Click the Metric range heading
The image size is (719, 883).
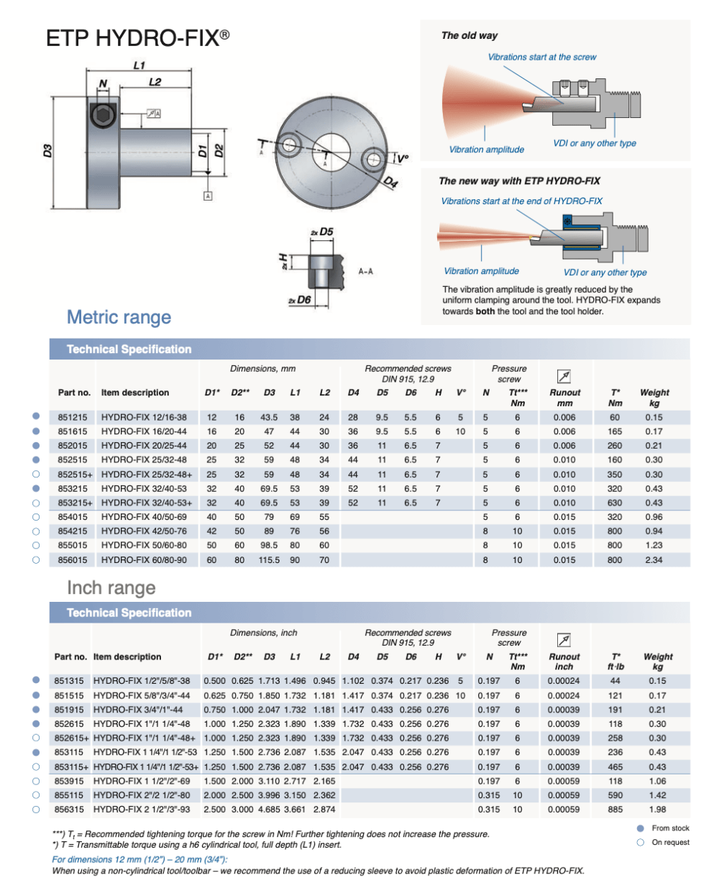[119, 317]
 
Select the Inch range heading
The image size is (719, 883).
[111, 587]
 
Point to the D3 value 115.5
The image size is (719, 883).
[269, 559]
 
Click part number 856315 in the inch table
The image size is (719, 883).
[70, 810]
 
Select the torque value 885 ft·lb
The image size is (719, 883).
[615, 810]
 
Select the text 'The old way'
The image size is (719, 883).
[469, 35]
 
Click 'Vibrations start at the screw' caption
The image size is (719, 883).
[541, 57]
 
